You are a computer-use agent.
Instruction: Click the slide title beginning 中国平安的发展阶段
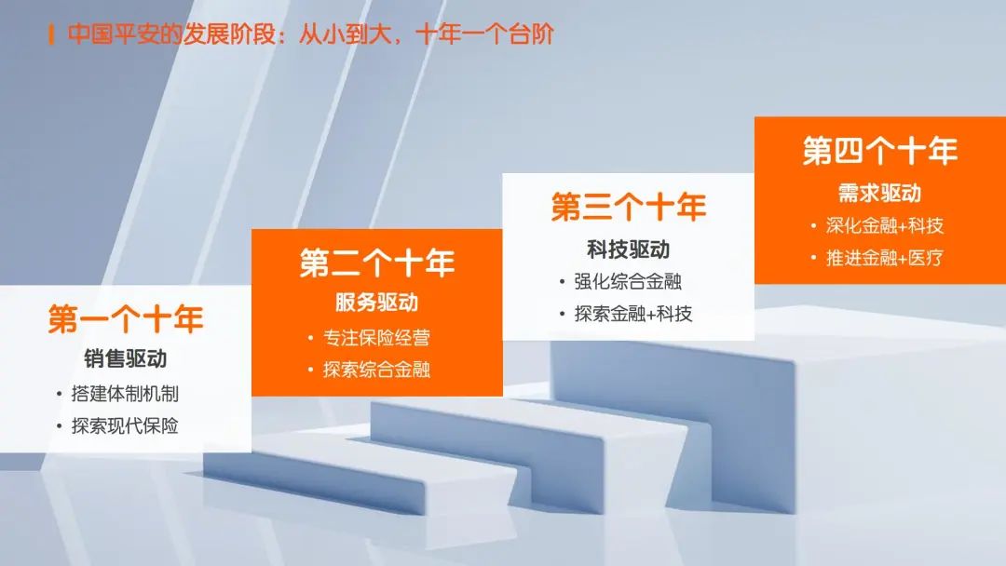(310, 34)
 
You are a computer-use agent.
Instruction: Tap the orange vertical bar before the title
(50, 34)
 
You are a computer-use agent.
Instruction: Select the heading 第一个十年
(126, 319)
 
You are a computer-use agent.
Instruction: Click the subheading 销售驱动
(126, 358)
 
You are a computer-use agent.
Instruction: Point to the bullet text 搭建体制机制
(125, 394)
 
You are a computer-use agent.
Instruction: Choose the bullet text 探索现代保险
(125, 425)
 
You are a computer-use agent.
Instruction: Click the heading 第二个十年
(377, 263)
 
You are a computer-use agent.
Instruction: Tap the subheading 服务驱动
(377, 302)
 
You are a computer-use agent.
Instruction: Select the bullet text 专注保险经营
(376, 337)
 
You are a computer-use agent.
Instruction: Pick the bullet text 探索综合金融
(376, 370)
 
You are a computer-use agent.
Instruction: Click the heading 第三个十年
(629, 207)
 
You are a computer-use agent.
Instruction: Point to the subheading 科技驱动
(629, 249)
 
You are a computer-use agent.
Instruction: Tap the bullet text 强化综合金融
(628, 281)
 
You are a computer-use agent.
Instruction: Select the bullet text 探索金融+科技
(633, 314)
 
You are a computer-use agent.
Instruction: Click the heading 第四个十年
(880, 151)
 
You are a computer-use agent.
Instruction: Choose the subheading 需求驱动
(880, 193)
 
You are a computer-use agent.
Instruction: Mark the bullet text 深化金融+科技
(885, 225)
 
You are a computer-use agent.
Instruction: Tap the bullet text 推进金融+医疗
(885, 258)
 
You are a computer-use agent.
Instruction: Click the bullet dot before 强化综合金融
(562, 282)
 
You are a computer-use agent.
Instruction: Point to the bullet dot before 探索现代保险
(59, 426)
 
